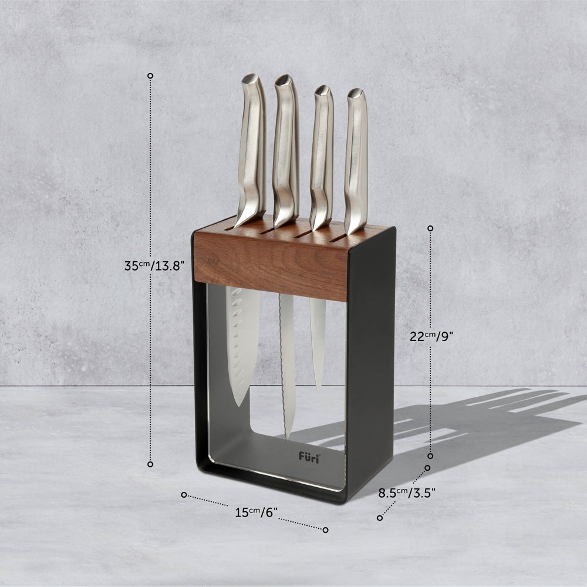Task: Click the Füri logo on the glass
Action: (309, 457)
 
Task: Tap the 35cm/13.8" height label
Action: (154, 266)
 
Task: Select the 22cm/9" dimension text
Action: (431, 336)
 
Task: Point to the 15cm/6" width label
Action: (256, 512)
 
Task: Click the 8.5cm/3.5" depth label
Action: (407, 492)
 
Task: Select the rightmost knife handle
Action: (356, 161)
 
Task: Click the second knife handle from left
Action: (286, 150)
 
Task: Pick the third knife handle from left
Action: (322, 157)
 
